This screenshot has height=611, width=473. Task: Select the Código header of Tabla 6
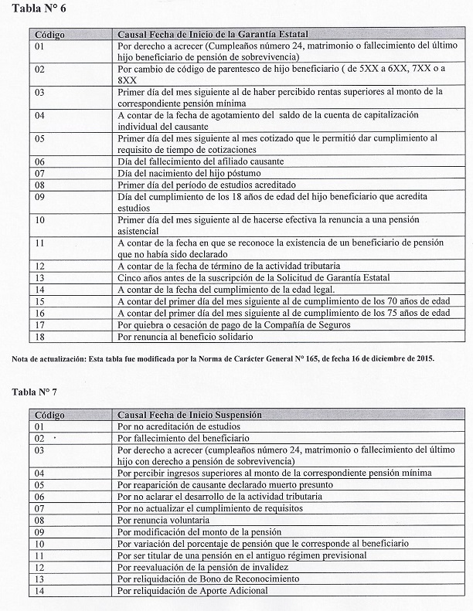(x=49, y=35)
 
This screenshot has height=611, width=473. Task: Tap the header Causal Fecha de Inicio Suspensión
(x=189, y=415)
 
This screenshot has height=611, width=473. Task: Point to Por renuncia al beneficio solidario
(x=185, y=336)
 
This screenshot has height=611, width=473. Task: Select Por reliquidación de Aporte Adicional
(x=192, y=590)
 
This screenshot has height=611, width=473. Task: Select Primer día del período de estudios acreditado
(x=208, y=185)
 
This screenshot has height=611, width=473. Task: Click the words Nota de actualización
(x=47, y=358)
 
